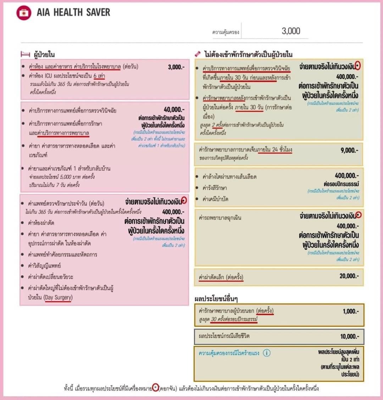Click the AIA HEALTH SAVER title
point(73,12)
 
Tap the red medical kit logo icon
point(24,13)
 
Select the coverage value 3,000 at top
point(291,31)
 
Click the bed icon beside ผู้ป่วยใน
point(25,54)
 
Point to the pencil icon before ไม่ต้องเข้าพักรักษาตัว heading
point(198,54)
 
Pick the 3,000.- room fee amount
point(176,67)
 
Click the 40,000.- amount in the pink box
point(174,109)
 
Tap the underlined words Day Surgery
point(58,297)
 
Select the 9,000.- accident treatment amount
point(349,150)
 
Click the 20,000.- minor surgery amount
point(349,276)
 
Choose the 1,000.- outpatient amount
point(350,311)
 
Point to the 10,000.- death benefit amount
point(349,336)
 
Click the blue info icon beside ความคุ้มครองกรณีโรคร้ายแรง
point(267,353)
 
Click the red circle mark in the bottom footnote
point(155,388)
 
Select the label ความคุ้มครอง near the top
point(226,32)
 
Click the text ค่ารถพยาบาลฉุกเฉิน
point(220,217)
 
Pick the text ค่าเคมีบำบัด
point(215,199)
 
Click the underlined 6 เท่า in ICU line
point(99,76)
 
